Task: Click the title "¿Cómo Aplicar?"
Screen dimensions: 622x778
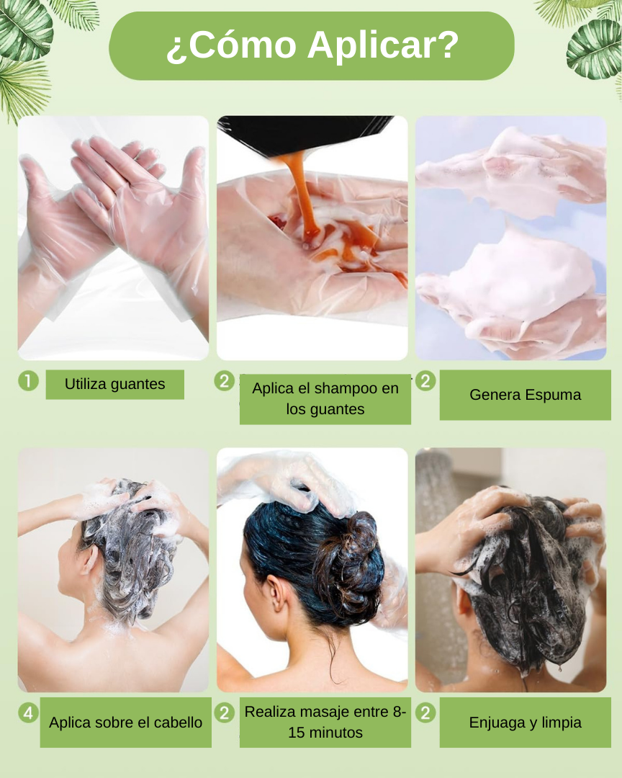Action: coord(312,45)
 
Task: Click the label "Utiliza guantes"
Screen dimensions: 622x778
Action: coord(114,384)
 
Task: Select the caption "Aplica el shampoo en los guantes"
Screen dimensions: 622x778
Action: coord(325,398)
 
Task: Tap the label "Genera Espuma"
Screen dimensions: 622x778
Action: coord(526,395)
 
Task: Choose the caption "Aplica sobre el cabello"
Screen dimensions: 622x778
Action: coord(125,723)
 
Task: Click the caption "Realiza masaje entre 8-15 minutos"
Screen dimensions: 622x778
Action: coord(325,722)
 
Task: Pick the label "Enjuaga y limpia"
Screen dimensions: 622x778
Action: coord(526,723)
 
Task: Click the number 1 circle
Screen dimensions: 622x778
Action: coord(28,381)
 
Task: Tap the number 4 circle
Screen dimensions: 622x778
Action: coord(28,713)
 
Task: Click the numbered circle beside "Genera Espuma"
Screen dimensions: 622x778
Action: coord(425,381)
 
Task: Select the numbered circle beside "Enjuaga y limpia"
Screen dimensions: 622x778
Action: coord(425,713)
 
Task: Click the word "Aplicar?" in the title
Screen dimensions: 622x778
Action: coord(383,46)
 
